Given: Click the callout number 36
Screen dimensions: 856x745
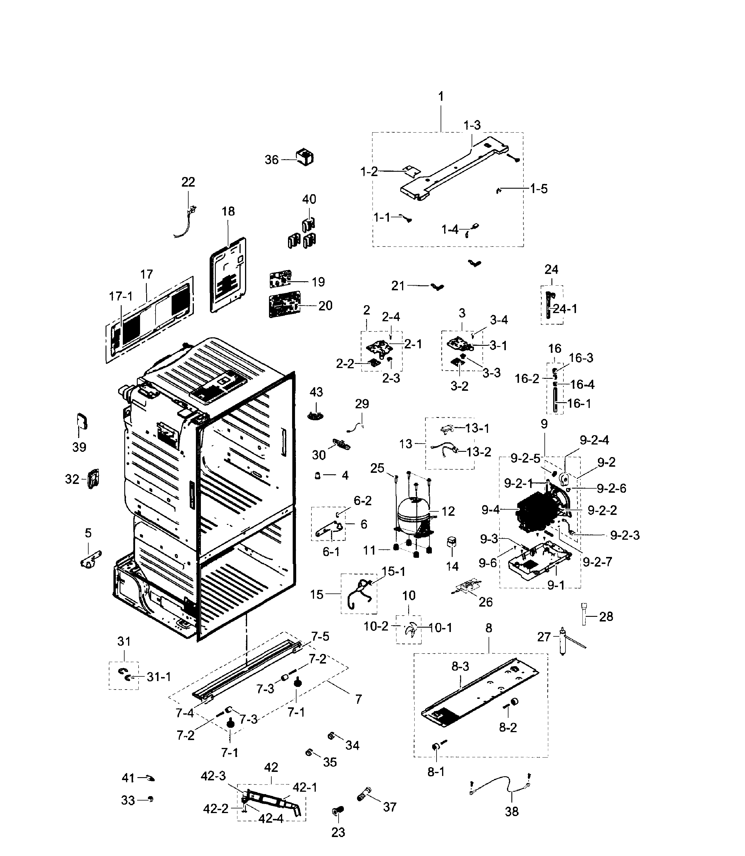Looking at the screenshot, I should click(271, 160).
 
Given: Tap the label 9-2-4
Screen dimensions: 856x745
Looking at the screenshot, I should click(594, 440).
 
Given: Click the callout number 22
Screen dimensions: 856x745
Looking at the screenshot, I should click(188, 182).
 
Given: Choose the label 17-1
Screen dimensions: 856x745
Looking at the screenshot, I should click(120, 296).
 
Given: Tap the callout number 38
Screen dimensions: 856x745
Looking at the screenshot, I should click(511, 812).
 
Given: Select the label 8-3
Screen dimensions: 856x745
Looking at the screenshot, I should click(460, 667).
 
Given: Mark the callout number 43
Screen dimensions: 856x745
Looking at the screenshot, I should click(316, 392).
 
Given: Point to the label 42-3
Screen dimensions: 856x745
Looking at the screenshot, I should click(213, 776).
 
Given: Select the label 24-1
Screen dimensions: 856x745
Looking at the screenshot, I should click(565, 309).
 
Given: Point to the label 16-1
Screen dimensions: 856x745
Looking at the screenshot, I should click(579, 403).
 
